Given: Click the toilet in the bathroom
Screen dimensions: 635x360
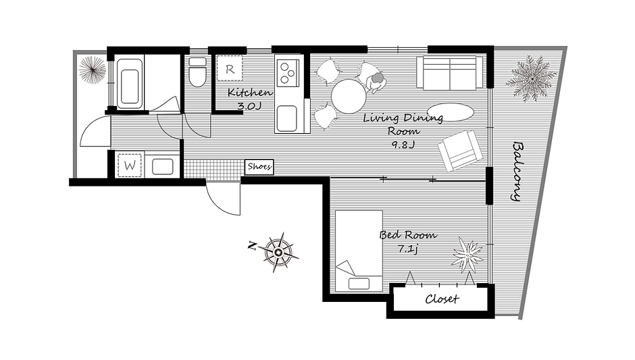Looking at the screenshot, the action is [198, 72].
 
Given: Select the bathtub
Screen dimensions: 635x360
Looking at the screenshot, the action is [130, 84].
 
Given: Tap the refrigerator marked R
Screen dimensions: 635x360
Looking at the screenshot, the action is [230, 68].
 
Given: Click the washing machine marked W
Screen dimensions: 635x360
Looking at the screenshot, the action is [130, 165].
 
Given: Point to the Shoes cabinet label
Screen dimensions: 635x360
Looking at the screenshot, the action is [259, 166].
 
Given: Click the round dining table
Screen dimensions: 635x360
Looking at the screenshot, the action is [349, 97].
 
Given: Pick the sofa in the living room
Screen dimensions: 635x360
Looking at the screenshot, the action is [449, 73].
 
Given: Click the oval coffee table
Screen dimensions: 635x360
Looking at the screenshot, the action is [449, 111].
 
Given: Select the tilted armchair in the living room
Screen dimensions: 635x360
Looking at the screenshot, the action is [461, 150].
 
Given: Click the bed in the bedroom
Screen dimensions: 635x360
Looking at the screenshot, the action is [359, 251].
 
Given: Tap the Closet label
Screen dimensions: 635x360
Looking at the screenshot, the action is [442, 299].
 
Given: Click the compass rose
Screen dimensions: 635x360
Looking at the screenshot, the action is [278, 253].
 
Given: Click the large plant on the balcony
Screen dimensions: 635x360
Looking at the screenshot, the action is [529, 78].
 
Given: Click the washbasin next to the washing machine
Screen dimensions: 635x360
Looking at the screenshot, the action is [163, 166].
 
